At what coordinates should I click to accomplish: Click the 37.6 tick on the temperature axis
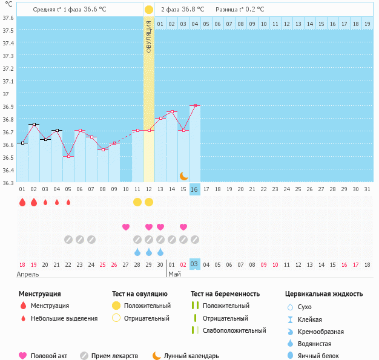(x=8, y=18)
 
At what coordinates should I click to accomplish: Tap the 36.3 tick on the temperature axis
(x=8, y=183)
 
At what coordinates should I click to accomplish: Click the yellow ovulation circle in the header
(x=149, y=10)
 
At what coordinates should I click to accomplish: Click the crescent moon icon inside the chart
(x=183, y=175)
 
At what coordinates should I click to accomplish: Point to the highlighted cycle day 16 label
(x=194, y=189)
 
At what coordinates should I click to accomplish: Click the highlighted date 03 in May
(x=194, y=264)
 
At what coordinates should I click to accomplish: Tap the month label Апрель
(x=28, y=274)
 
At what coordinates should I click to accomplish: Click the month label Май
(x=174, y=274)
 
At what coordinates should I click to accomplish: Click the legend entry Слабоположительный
(x=234, y=330)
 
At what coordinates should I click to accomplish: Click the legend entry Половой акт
(x=49, y=356)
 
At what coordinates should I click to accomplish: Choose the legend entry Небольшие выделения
(x=64, y=318)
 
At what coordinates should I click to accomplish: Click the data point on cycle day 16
(x=194, y=105)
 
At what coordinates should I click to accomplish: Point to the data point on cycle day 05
(x=68, y=156)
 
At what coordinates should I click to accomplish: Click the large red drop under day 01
(x=22, y=202)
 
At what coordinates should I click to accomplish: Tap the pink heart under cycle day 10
(x=126, y=227)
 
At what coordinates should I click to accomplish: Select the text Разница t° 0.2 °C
(x=240, y=10)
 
